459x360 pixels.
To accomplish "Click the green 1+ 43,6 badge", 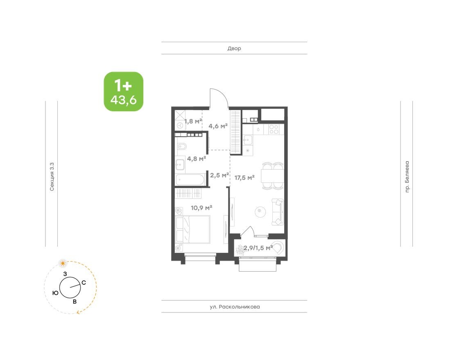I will tap(123, 92).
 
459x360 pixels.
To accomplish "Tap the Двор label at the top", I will tap(234, 48).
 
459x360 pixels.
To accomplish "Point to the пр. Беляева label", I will tap(407, 177).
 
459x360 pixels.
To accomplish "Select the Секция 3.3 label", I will tap(52, 177).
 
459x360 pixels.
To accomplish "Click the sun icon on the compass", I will tap(62, 263).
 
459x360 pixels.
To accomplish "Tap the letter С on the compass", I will tap(84, 282).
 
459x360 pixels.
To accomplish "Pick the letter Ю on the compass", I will tap(55, 292).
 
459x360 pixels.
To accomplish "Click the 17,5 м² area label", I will tap(245, 178).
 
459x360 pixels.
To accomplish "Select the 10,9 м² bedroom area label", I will tap(201, 207).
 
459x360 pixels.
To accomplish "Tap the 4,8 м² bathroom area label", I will tap(196, 159).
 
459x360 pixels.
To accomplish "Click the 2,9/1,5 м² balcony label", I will tap(258, 248).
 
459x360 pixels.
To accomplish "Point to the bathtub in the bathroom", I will tap(189, 179).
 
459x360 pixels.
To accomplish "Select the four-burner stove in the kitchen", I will tap(274, 129).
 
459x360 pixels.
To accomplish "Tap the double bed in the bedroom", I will tap(192, 229).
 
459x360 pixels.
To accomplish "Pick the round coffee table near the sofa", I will tap(260, 211).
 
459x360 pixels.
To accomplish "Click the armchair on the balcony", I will tap(278, 248).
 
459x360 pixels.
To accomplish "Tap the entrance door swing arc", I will tap(219, 97).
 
